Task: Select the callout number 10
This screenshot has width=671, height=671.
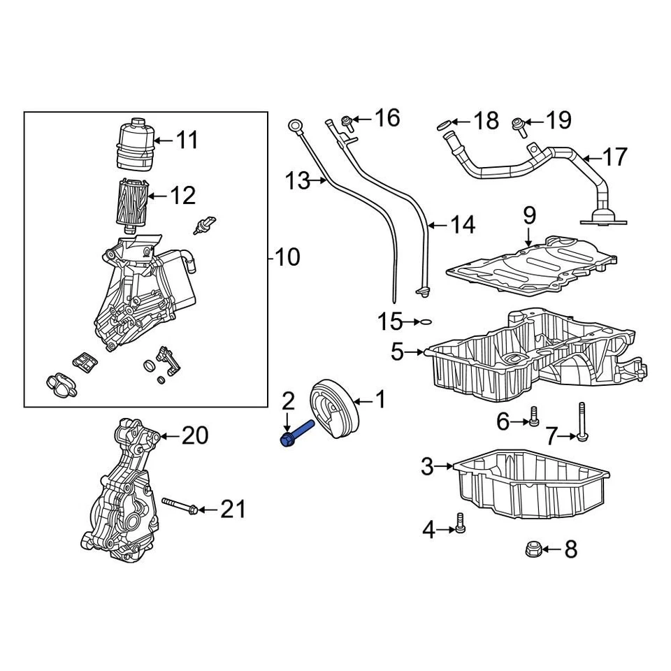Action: coord(287,257)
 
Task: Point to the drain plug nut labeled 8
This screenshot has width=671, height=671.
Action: coord(533,550)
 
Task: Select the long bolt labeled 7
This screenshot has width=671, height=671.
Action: coord(582,424)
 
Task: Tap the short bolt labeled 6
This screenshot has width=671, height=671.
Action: coord(533,417)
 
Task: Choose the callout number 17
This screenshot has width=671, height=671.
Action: coord(614,157)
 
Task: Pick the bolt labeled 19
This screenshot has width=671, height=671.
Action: coord(518,125)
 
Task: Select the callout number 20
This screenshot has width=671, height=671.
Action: coord(195,436)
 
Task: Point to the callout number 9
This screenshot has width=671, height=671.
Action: coord(528,215)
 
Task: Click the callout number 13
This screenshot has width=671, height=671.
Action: coord(297,181)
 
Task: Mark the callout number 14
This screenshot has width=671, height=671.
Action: coord(462,224)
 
